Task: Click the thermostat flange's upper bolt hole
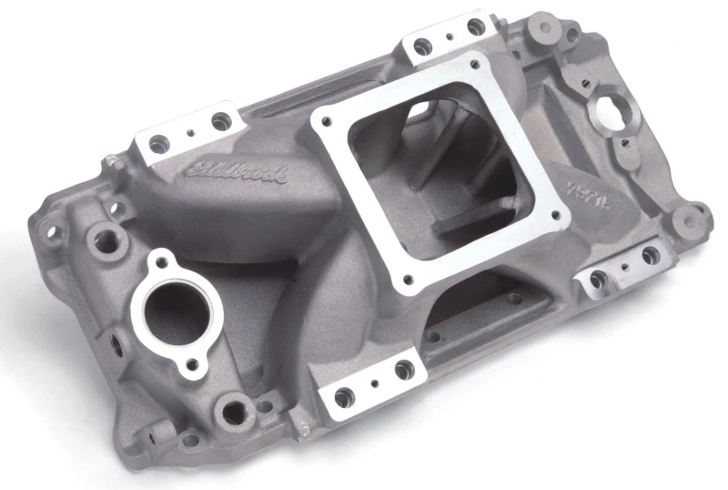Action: [x=165, y=263]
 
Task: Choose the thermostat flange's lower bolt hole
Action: [x=191, y=368]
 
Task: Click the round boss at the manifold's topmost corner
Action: [x=544, y=25]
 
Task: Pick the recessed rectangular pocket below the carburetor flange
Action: [x=473, y=314]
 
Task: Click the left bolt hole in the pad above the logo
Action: [x=157, y=142]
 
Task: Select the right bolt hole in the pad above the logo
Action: [x=219, y=119]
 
